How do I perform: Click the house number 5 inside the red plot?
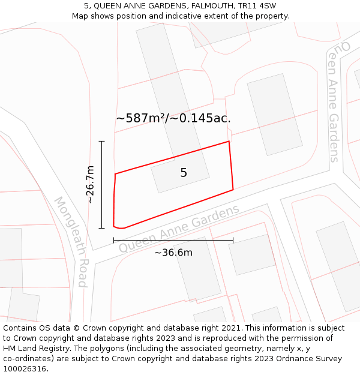point(184,173)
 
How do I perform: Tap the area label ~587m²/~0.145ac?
point(173,118)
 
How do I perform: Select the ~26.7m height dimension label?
point(90,184)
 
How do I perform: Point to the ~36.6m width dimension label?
point(173,253)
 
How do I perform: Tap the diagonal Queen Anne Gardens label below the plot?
point(179,229)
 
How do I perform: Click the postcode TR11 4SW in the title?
point(257,5)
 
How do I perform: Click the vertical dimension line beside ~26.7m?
point(102,184)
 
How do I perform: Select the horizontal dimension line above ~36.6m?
point(173,241)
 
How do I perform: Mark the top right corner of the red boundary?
point(229,142)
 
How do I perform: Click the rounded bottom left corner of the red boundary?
point(118,227)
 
